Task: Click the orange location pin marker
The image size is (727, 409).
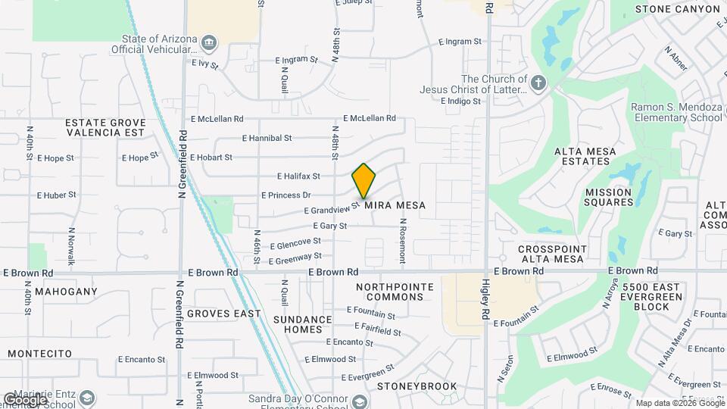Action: click(364, 180)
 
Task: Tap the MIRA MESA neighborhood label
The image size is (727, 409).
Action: click(395, 205)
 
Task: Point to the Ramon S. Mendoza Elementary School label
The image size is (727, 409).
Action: click(676, 112)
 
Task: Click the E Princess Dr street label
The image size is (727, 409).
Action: click(285, 195)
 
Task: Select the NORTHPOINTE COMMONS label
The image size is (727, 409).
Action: click(395, 292)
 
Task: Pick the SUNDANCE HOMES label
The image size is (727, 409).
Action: click(303, 324)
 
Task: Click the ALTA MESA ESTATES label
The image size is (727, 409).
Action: click(588, 156)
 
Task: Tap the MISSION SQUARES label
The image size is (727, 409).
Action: click(608, 197)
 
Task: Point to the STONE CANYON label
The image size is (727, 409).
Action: click(677, 9)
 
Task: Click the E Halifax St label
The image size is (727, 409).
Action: click(298, 176)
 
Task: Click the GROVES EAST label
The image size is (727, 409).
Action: click(223, 313)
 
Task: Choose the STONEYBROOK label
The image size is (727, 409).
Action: click(417, 386)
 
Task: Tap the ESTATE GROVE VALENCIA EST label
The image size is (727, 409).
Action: click(105, 126)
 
